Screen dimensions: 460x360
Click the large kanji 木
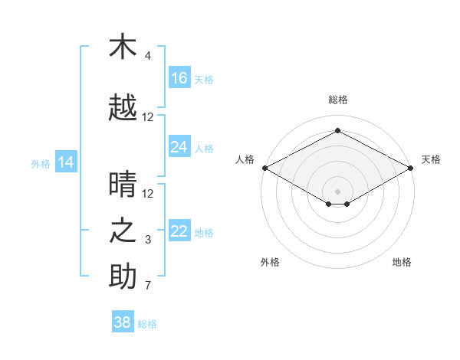click(123, 46)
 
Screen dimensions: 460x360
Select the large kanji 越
click(123, 107)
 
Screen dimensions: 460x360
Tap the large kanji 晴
click(123, 184)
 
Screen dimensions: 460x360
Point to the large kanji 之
click(123, 231)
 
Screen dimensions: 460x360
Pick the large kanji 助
click(123, 276)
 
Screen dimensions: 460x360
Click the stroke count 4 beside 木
click(147, 55)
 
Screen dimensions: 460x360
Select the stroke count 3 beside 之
click(148, 240)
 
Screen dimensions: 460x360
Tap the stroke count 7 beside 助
click(148, 285)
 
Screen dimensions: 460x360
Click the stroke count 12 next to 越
click(147, 117)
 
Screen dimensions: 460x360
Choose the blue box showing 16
click(179, 77)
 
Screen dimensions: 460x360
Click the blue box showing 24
click(179, 146)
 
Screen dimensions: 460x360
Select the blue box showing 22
click(179, 230)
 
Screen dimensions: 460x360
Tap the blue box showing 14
click(66, 162)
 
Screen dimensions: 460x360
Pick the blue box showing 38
click(123, 321)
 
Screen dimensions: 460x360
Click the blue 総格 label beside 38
click(147, 324)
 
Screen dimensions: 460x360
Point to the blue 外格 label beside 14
click(41, 164)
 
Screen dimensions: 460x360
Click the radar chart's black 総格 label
click(338, 100)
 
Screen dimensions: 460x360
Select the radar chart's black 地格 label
click(402, 262)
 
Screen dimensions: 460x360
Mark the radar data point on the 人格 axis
click(265, 168)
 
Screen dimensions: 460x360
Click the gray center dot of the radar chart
click(337, 191)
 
